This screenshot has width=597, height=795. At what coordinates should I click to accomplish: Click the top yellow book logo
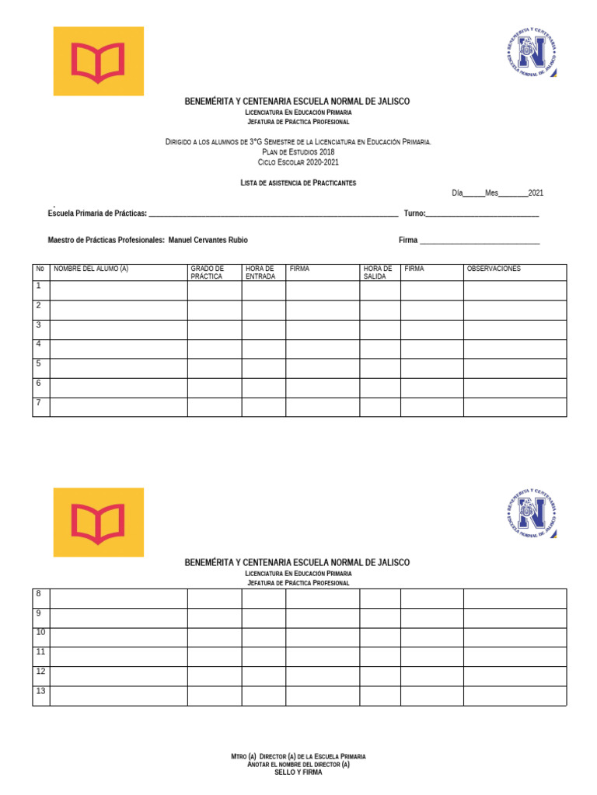(98, 61)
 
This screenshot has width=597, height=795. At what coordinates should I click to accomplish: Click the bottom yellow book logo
(98, 522)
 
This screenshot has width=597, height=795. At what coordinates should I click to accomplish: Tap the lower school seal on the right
(532, 513)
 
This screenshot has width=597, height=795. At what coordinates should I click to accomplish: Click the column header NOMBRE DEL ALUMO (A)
(91, 269)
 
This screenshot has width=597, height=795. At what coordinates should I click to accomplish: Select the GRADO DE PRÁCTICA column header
(208, 273)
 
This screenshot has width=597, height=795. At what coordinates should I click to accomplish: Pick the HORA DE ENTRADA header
(260, 273)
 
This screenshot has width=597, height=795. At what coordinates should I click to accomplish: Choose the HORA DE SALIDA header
(378, 273)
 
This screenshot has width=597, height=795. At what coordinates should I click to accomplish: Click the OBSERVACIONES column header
(494, 269)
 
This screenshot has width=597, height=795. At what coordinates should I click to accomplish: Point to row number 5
(38, 363)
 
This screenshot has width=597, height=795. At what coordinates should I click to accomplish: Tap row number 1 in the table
(38, 286)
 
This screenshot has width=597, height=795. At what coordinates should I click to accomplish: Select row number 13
(40, 691)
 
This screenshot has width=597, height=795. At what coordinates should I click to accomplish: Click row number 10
(40, 632)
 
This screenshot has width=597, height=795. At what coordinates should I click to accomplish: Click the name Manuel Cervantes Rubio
(208, 241)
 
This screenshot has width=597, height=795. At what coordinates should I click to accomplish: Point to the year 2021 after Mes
(536, 193)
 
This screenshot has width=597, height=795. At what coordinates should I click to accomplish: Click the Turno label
(414, 214)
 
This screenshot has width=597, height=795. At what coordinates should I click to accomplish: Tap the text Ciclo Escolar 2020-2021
(298, 162)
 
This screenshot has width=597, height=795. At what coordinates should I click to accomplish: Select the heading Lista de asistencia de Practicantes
(298, 182)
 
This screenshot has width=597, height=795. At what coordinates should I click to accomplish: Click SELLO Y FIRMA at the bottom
(298, 772)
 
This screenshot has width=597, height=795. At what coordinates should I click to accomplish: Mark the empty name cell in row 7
(118, 407)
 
